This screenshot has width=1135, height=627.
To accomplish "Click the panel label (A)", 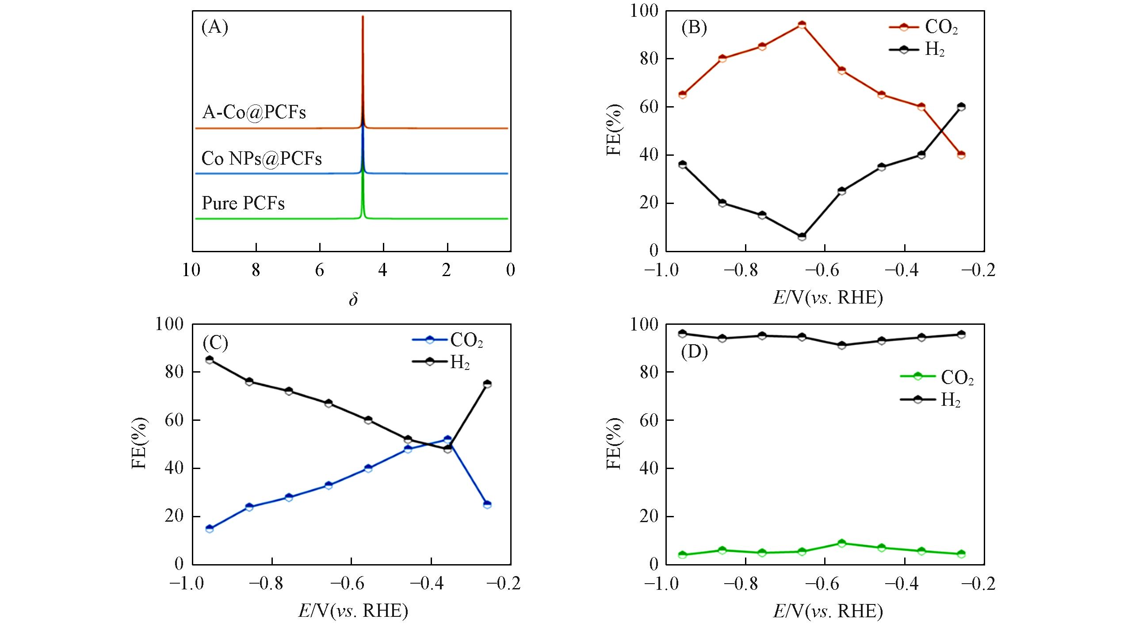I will tap(215, 27).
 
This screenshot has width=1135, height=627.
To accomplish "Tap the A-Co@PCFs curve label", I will tap(254, 113).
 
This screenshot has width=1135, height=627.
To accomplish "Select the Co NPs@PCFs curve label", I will tap(261, 158).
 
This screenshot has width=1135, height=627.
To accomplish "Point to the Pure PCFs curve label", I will tap(243, 204).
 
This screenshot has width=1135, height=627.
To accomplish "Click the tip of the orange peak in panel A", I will tap(363, 17).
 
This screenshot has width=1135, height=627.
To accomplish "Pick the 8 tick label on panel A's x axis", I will tap(256, 270).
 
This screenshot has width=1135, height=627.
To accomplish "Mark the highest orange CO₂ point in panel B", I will tap(802, 25).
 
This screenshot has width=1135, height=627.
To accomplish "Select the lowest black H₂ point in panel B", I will tap(802, 237).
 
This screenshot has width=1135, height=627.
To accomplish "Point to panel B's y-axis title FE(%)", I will tap(614, 130).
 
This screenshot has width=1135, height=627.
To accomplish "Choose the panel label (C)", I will tap(215, 343).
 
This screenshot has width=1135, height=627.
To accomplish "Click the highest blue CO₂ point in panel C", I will tap(447, 440).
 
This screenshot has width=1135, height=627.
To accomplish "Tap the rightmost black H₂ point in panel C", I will tap(487, 384).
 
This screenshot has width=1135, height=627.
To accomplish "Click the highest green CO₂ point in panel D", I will tap(841, 543).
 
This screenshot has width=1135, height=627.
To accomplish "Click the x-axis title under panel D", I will tap(828, 612).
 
